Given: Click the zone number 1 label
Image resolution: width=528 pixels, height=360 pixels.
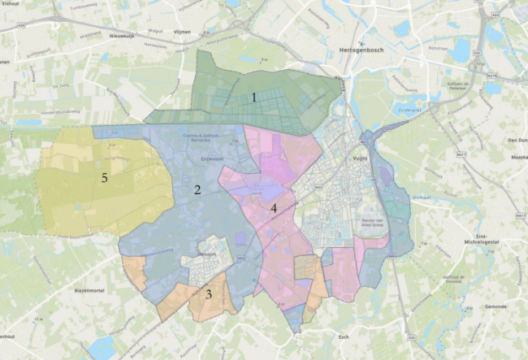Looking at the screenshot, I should pyautogui.click(x=254, y=97).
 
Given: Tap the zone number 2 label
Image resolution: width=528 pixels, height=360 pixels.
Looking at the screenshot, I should pyautogui.click(x=197, y=190).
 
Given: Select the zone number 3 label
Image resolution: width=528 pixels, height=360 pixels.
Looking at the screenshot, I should pyautogui.click(x=209, y=294).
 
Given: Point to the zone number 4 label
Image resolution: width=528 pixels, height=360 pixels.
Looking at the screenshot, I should pyautogui.click(x=275, y=209).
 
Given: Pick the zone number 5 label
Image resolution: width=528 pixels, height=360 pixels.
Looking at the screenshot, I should pyautogui.click(x=104, y=178).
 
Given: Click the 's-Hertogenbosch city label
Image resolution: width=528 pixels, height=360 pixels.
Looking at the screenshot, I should pyautogui.click(x=357, y=49).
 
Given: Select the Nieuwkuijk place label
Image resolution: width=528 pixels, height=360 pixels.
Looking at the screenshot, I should pyautogui.click(x=120, y=36).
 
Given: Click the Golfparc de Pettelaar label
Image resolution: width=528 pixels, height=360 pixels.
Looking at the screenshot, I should pyautogui.click(x=460, y=85).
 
